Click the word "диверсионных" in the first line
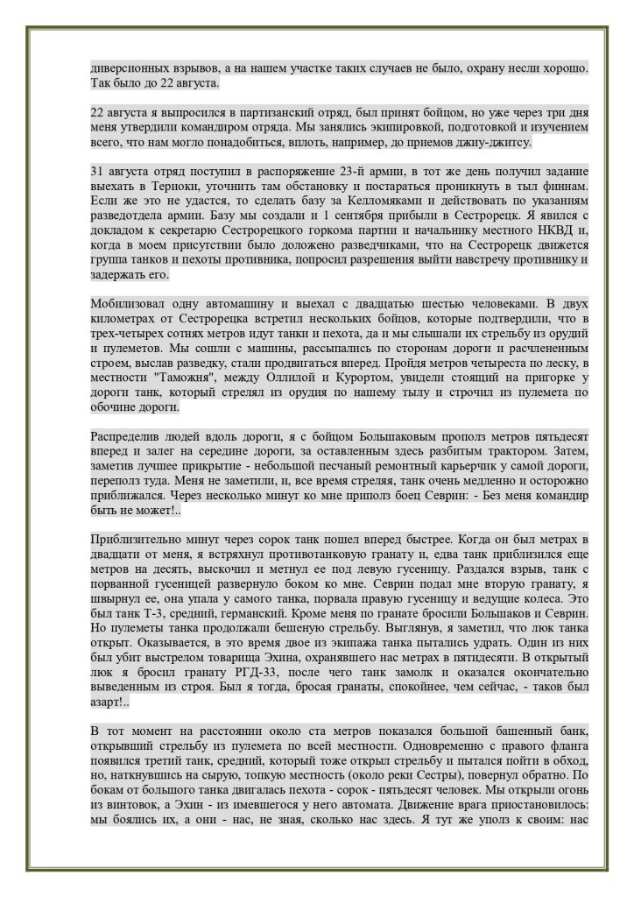pyautogui.click(x=130, y=67)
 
